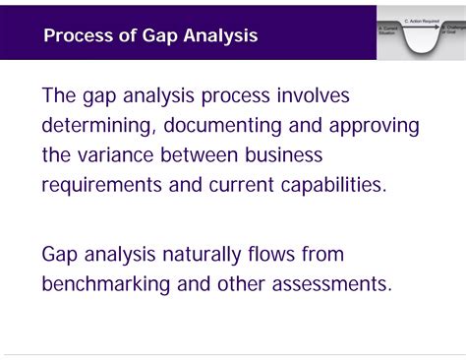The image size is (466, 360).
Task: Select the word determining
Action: (x=96, y=126)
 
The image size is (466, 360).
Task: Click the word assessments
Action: (x=332, y=284)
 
